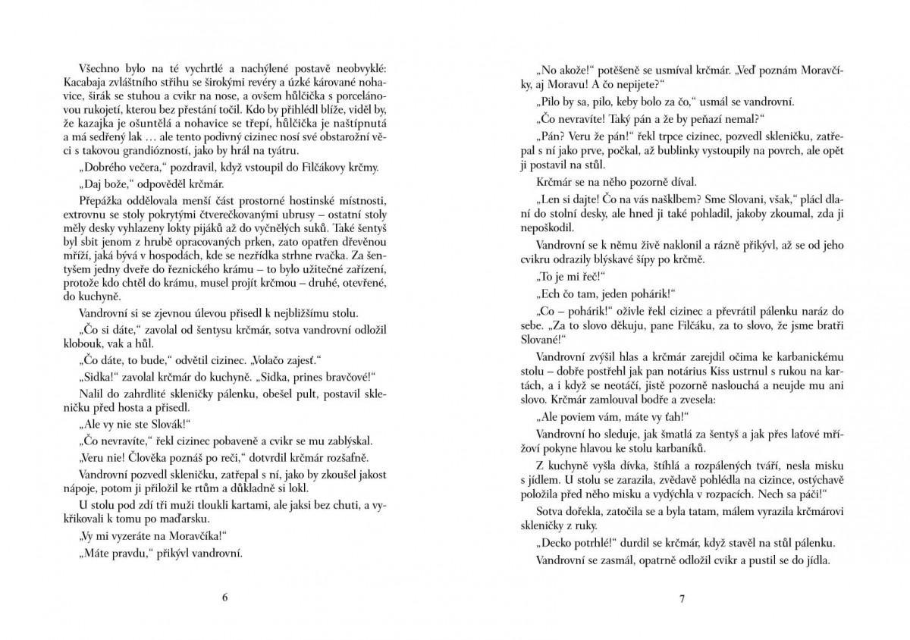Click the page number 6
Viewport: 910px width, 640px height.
coord(225,598)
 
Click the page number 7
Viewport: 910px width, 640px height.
coord(682,598)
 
